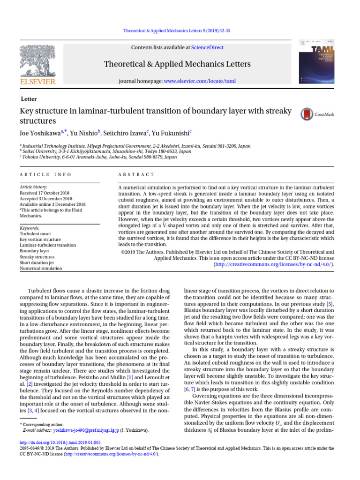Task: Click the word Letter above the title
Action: pos(29,99)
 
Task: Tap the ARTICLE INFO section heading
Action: pos(45,174)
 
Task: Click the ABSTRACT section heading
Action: pos(136,174)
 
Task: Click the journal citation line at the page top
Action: pos(180,30)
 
